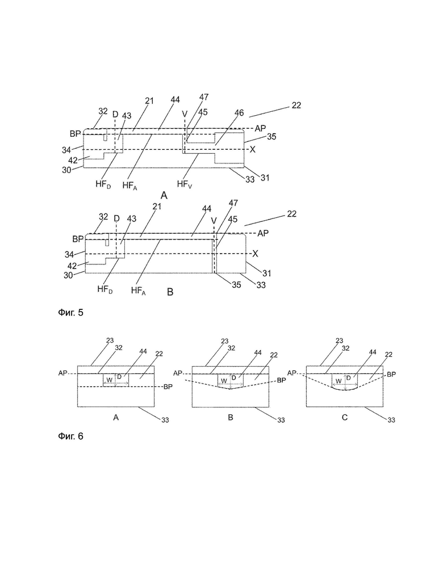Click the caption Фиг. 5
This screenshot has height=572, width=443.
point(70,312)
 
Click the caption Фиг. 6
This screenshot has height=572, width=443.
point(70,436)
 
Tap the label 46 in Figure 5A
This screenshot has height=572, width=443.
point(239,113)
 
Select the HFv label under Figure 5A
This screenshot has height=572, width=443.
point(185,184)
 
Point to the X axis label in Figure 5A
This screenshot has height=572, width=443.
point(252,149)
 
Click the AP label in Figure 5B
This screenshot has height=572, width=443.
point(263,233)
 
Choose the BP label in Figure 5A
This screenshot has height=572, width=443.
point(75,134)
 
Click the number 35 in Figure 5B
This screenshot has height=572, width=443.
point(236,284)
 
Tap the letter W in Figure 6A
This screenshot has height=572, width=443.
point(109,380)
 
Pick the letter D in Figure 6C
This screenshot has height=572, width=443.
point(348,378)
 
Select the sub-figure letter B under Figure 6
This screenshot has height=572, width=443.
point(231,417)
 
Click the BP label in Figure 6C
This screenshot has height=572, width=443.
point(391,375)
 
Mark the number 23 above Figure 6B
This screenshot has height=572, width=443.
point(224,341)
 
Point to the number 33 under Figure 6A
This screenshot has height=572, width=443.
point(165,420)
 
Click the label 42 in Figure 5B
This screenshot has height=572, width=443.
point(72,266)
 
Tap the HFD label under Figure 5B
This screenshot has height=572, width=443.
point(105,289)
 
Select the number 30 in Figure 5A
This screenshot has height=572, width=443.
point(66,170)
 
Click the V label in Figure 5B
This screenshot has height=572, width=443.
point(214,221)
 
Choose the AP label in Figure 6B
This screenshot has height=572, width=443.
point(178,373)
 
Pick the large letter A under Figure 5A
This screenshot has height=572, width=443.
point(164,196)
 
